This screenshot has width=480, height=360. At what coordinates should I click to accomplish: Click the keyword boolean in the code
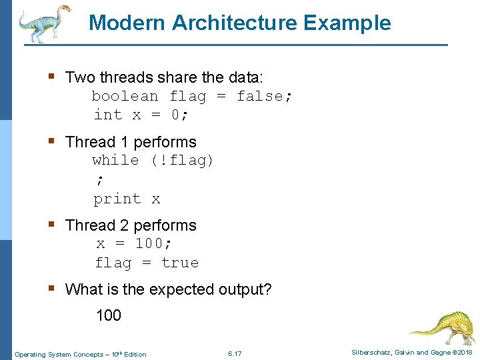coord(125,96)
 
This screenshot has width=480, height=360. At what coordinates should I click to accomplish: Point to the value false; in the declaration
coord(265,96)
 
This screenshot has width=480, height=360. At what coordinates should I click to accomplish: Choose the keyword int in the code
coord(108,115)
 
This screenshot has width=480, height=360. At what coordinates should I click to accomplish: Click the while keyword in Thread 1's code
coord(115,160)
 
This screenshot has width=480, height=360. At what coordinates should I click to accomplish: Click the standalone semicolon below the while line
coord(100,179)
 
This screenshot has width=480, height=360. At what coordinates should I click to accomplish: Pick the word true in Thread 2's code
coord(180,263)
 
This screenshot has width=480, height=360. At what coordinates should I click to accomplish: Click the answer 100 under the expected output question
coord(109,315)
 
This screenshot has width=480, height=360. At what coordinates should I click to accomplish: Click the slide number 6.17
coord(235,353)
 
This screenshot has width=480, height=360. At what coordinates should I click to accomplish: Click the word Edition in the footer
coord(135,354)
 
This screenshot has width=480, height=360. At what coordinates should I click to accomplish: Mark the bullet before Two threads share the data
coord(51,77)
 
